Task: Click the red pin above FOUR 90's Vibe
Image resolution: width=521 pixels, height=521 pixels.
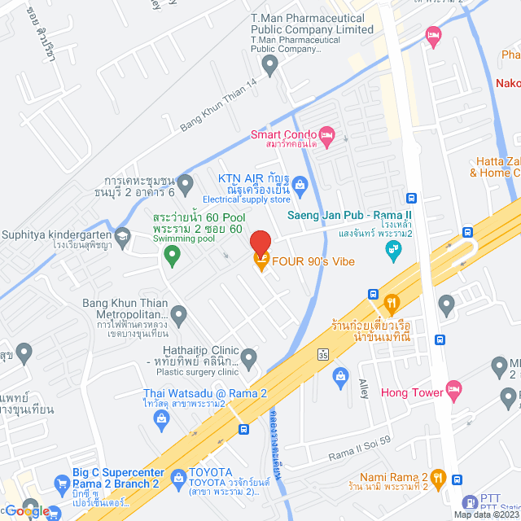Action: (x=260, y=244)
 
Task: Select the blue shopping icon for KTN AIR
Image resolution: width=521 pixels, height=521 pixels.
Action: (x=300, y=185)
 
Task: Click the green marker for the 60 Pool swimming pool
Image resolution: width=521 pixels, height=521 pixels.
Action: (x=172, y=256)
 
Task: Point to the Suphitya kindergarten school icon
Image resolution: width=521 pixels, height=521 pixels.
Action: (x=122, y=237)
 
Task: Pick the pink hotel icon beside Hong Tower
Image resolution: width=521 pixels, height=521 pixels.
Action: (x=453, y=392)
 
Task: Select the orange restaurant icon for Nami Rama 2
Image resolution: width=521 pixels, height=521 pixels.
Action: (x=438, y=478)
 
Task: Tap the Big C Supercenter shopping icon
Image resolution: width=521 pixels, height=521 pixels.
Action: (x=62, y=484)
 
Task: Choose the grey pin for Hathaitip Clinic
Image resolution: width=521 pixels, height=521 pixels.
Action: (x=248, y=357)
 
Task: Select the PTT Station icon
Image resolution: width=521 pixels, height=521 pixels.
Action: (x=471, y=503)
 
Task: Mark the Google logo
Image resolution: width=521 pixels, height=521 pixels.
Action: (x=26, y=510)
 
